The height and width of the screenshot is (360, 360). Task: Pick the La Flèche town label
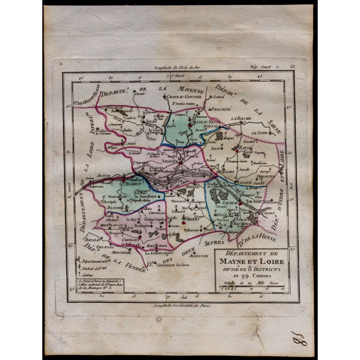(x=240, y=118)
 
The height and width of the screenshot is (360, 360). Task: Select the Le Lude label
(x=259, y=133)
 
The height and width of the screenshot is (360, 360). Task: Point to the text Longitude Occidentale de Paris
(x=180, y=305)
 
